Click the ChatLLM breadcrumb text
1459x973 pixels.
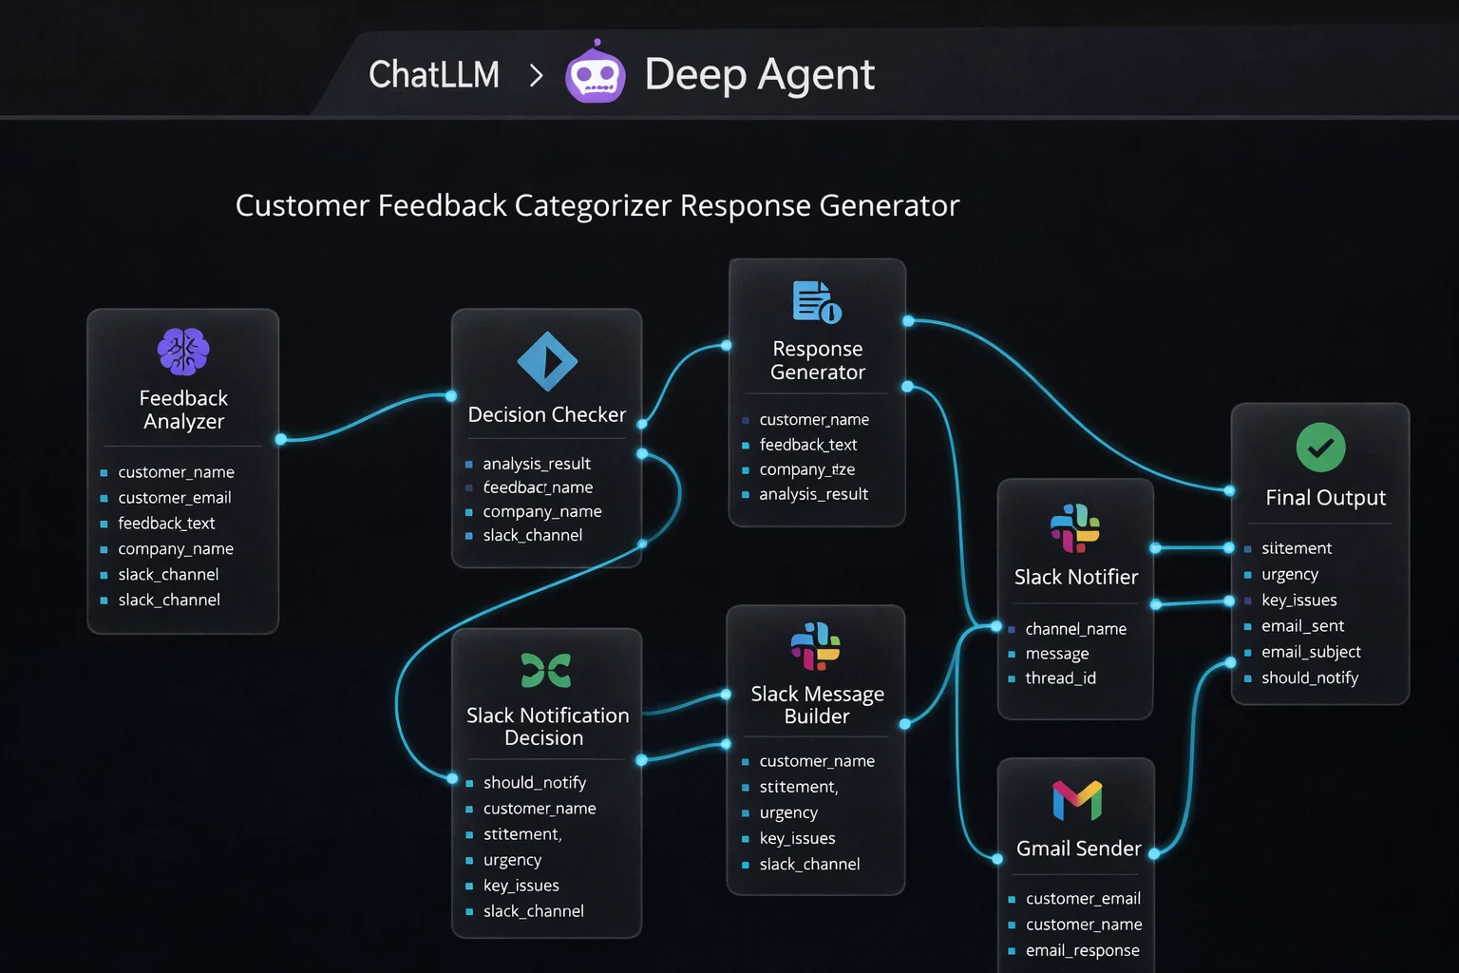point(434,74)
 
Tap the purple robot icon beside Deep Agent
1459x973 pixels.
point(596,73)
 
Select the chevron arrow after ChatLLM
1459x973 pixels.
point(537,75)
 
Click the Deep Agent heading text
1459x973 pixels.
point(759,74)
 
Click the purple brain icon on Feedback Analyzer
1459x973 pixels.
point(183,352)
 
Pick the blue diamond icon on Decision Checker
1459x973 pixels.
point(547,361)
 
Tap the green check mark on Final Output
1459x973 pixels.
point(1320,448)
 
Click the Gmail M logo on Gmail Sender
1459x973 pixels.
point(1077,800)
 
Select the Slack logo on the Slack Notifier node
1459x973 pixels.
point(1075,527)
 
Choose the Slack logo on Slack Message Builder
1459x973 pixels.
point(816,646)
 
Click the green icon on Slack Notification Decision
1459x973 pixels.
point(546,670)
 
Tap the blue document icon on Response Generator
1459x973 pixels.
point(817,302)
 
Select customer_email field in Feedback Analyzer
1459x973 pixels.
point(175,498)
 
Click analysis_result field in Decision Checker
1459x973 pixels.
point(537,464)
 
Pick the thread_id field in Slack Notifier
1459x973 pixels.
point(1060,678)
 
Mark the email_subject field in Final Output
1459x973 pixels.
point(1311,652)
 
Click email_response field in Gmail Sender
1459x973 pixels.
point(1082,950)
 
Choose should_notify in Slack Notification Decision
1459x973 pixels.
point(535,783)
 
